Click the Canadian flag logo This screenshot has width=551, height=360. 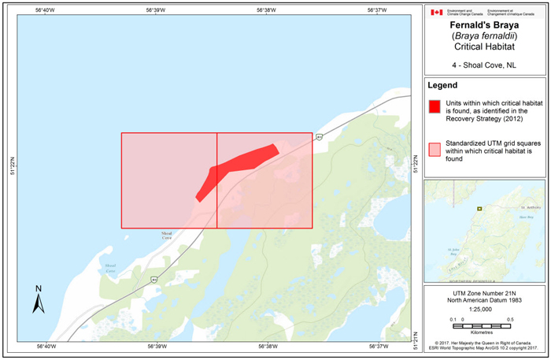click(x=435, y=13)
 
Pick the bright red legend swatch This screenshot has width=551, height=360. click(x=434, y=108)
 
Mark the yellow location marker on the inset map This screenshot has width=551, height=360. click(x=479, y=209)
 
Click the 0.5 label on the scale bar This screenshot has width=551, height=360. click(x=511, y=318)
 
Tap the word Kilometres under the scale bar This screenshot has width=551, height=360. click(x=483, y=333)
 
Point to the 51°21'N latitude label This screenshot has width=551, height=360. click(x=417, y=336)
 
